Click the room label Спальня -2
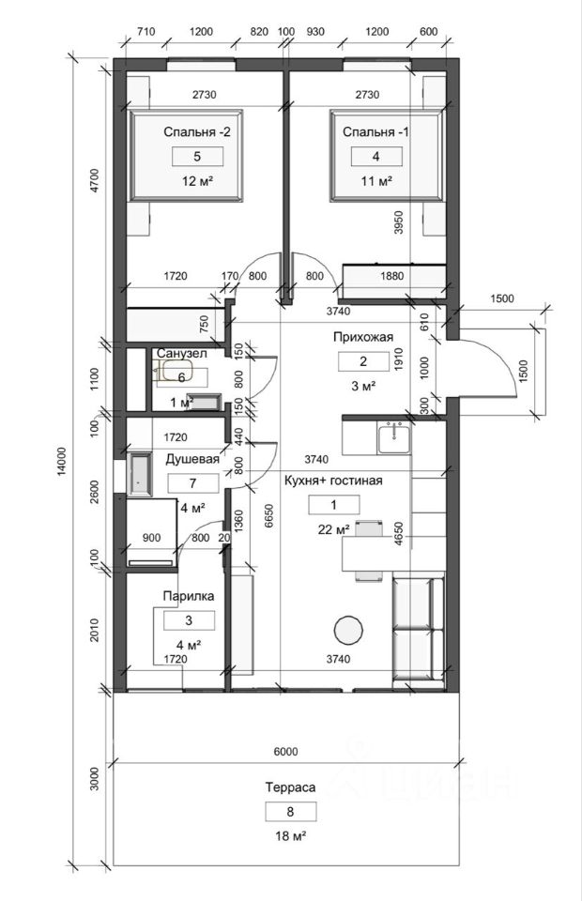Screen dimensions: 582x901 coord(197,132)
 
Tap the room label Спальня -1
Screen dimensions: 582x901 coord(375,131)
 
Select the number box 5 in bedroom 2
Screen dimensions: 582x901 coord(197,157)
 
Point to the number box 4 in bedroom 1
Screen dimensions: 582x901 coord(375,157)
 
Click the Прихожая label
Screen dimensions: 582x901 coord(360,337)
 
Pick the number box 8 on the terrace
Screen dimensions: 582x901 coord(289,812)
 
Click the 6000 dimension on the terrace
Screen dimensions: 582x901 coord(286,751)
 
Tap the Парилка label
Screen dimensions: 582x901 coord(189,596)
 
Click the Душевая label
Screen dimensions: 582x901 coord(192,460)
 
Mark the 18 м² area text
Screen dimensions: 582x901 coord(289,834)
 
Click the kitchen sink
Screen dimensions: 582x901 coord(393,436)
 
